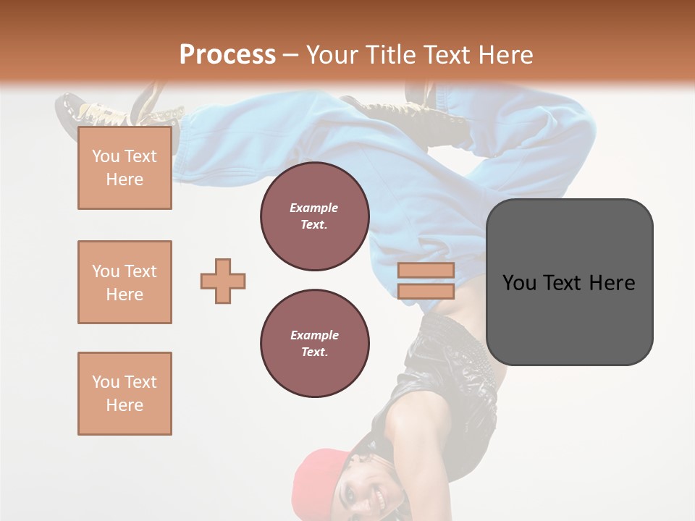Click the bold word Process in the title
(x=227, y=54)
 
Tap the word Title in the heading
(x=388, y=55)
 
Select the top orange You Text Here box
(x=125, y=168)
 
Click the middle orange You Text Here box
(x=125, y=282)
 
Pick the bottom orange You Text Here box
(x=125, y=394)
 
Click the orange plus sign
(x=223, y=281)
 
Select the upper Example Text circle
(x=314, y=216)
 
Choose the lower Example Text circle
(x=314, y=344)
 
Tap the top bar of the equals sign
(x=426, y=270)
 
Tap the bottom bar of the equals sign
(x=426, y=291)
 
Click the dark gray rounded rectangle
(x=569, y=318)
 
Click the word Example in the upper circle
(x=314, y=208)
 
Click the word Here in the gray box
(x=612, y=283)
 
